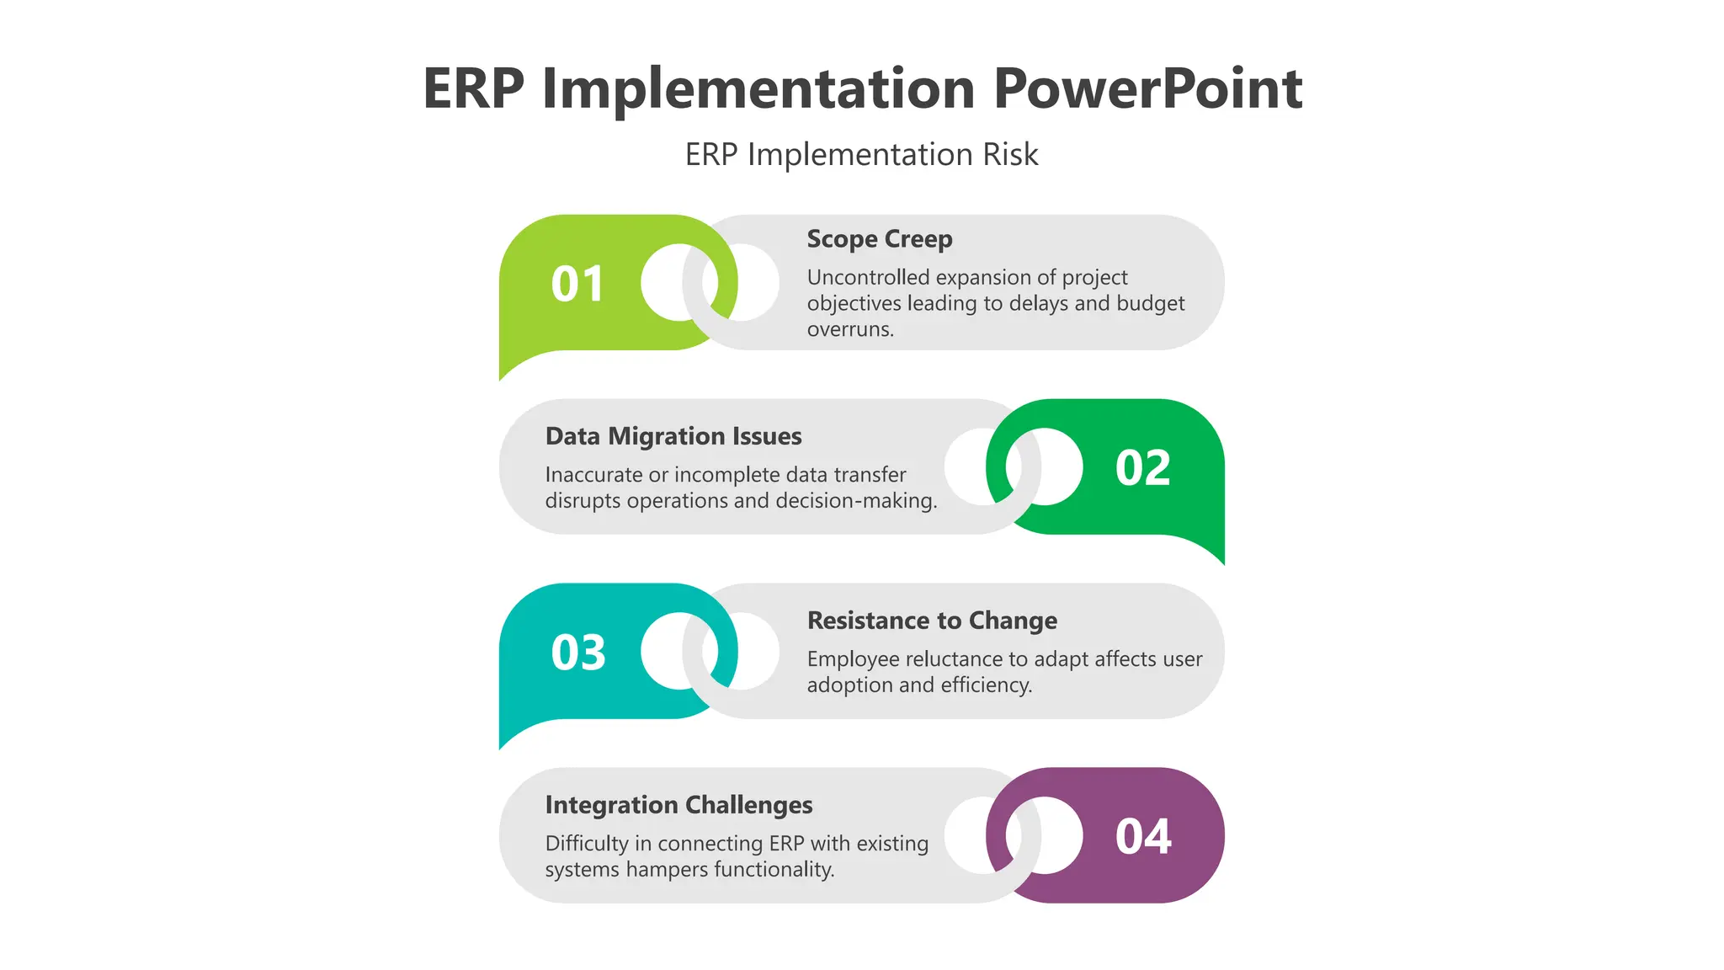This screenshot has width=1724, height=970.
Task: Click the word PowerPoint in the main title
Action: (x=1147, y=89)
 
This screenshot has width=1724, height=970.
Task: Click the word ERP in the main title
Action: (x=473, y=89)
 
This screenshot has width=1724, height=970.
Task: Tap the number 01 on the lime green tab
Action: (x=577, y=285)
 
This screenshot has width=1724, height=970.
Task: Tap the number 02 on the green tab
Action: (x=1142, y=468)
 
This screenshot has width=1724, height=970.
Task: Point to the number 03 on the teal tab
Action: (x=577, y=653)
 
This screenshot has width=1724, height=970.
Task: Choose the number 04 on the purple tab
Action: (x=1142, y=837)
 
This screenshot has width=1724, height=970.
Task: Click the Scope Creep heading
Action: (x=879, y=239)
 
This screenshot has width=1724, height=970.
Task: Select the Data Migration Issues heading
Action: (x=673, y=436)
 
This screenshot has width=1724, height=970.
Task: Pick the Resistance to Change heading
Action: (x=931, y=621)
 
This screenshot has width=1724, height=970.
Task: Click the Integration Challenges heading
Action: (x=678, y=805)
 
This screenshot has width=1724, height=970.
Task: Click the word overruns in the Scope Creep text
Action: (x=849, y=330)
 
